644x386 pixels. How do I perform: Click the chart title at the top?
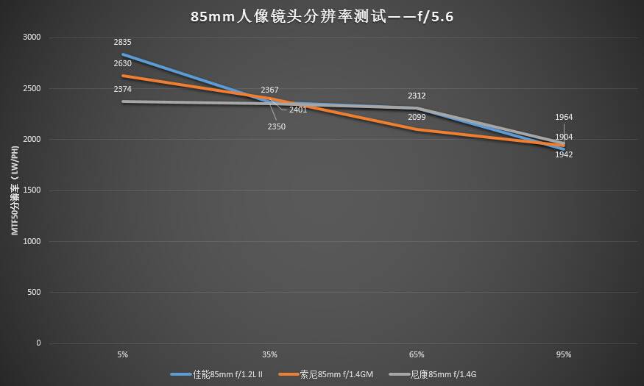321,16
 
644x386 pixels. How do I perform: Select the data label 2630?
122,64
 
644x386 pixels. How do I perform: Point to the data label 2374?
122,89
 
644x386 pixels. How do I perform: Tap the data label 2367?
269,90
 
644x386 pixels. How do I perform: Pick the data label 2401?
298,110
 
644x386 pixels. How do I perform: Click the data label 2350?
276,126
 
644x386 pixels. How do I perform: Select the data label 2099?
417,117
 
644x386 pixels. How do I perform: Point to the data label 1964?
564,117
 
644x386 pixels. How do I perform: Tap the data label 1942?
564,154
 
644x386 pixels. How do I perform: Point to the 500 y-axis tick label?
34,293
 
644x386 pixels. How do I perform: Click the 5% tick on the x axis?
122,354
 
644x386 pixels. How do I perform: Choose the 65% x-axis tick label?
417,354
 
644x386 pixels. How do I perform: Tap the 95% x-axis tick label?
564,354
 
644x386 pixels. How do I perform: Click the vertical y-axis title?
14,190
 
